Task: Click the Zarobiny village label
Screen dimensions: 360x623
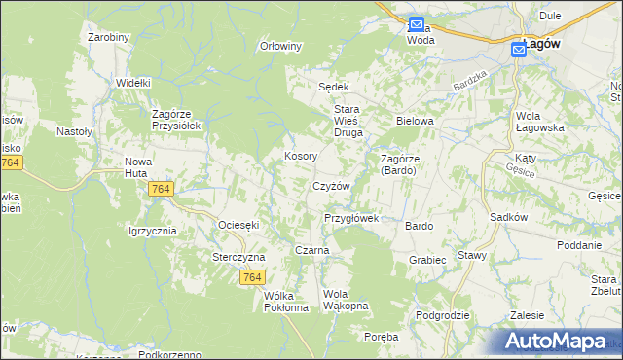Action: [108, 37]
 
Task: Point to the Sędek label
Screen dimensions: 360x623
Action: [334, 87]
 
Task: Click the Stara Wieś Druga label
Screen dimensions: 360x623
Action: [349, 116]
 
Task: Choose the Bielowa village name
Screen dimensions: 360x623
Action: [414, 121]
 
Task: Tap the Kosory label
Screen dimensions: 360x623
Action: [299, 156]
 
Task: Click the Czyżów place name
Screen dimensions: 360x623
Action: [330, 186]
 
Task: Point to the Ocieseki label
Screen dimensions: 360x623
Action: [238, 225]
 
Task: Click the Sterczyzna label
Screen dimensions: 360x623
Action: [238, 258]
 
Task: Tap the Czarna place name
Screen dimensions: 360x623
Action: [311, 250]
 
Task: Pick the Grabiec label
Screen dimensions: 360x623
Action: [427, 260]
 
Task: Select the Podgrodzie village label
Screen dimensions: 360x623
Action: [442, 315]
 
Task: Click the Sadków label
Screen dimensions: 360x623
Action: [508, 218]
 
